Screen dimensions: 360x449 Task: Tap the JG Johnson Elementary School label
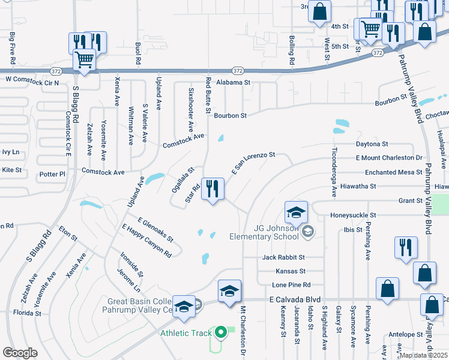[x=264, y=232]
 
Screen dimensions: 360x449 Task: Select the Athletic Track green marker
[x=220, y=331]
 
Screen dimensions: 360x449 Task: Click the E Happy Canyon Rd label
[x=146, y=241]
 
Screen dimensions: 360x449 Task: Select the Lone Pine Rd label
[x=291, y=284]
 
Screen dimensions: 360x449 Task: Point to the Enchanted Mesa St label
[x=390, y=172]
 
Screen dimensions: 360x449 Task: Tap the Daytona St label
[x=372, y=144]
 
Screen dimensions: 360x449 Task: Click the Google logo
[x=20, y=353]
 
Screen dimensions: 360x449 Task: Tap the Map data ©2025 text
[x=423, y=355]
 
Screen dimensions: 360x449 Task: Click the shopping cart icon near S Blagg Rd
[x=85, y=60]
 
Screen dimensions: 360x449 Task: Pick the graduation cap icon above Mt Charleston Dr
[x=229, y=292]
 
